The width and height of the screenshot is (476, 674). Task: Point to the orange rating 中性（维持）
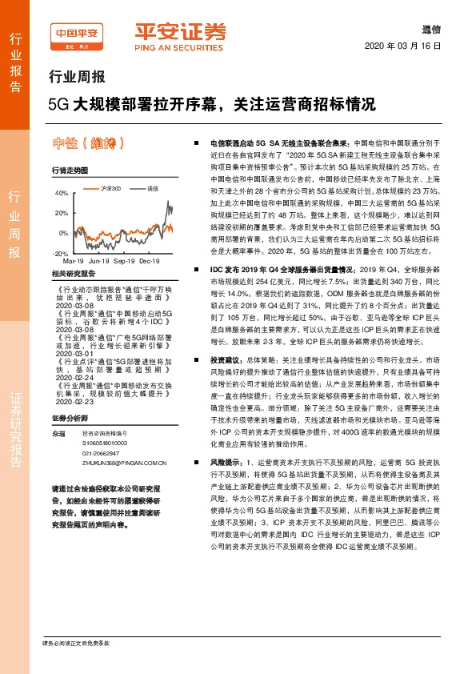tap(89, 144)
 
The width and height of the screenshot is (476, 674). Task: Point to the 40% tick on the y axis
tap(62, 194)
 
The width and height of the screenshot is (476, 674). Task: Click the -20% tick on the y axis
tap(61, 253)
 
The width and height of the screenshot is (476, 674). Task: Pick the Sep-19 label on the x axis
tap(123, 261)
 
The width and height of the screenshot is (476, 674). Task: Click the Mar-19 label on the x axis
tap(73, 261)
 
